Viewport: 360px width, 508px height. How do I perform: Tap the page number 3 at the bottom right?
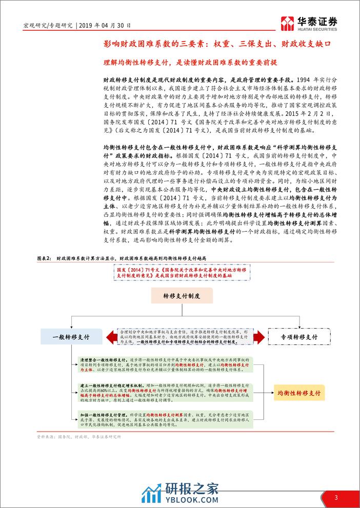[x=336, y=497]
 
